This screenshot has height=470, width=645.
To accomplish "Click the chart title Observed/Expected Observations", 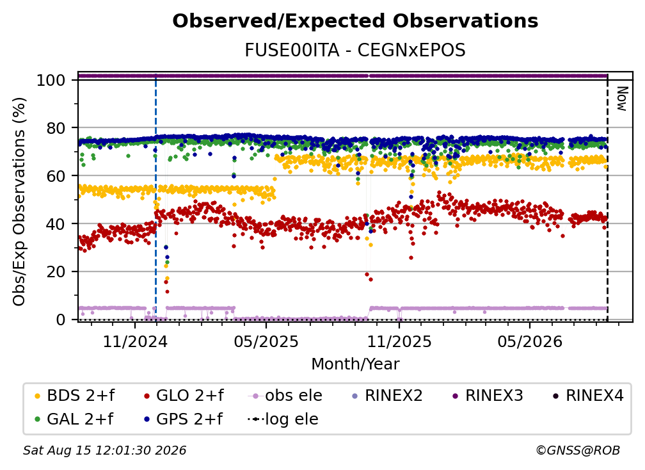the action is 355,21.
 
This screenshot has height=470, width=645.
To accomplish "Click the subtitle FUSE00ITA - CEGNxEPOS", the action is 355,50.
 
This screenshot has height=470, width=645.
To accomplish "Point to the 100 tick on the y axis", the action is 51,80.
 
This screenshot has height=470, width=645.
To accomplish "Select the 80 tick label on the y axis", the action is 56,128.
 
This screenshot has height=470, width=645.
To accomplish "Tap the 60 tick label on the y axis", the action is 56,175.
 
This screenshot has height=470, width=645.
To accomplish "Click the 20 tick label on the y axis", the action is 56,271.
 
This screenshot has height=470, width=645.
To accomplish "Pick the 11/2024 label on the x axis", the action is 135,341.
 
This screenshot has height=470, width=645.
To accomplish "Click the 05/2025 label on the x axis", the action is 266,341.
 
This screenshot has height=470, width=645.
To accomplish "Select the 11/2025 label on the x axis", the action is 399,341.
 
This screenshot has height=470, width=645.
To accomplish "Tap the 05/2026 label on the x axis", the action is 530,341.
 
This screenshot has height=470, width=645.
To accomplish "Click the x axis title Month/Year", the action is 355,364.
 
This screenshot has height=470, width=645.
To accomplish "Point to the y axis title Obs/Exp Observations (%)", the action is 19,202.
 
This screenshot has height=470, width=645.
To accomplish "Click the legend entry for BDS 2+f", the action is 75,396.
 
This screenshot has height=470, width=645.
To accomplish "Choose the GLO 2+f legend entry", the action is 184,396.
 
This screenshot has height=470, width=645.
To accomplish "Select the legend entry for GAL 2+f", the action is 74,419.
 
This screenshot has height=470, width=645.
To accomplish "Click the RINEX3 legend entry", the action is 488,396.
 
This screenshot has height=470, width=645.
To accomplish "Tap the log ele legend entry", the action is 283,419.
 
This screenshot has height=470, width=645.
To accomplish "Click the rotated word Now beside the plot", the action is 622,99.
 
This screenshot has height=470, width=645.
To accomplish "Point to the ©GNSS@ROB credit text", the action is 578,450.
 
